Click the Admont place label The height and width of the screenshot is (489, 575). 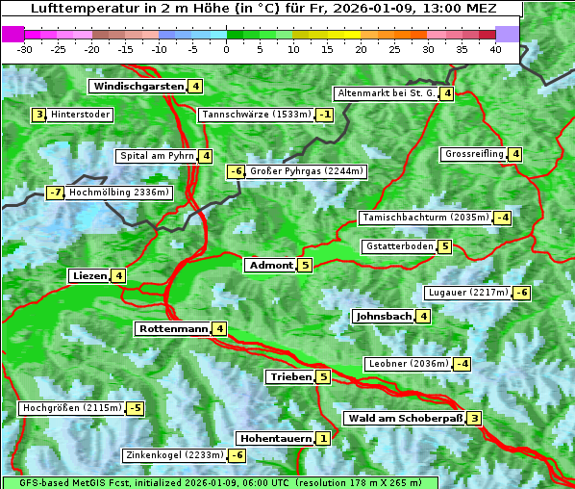tap(270, 266)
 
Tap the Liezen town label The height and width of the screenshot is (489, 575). tap(89, 276)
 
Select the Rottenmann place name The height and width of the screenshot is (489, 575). tap(173, 329)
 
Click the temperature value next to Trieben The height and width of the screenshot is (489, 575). tap(323, 377)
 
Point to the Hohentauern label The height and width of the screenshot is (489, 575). tap(275, 439)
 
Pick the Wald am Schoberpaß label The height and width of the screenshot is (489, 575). tap(405, 419)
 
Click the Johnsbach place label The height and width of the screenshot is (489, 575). tap(384, 317)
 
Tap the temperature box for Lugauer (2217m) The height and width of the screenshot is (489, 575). tap(521, 293)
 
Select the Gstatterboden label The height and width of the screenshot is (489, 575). tap(399, 246)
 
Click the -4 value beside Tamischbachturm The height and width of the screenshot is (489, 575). tap(502, 218)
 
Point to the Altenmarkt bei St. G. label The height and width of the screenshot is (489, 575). tap(385, 93)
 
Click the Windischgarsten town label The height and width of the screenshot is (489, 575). tap(138, 87)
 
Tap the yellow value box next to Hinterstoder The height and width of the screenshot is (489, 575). tap(39, 116)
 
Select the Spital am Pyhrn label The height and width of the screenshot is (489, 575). tap(156, 156)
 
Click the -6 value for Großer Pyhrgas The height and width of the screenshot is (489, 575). tap(236, 172)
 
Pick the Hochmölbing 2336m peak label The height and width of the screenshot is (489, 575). tap(119, 193)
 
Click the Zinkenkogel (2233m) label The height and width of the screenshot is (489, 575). tap(173, 455)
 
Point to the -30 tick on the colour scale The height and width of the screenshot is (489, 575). tap(26, 49)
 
